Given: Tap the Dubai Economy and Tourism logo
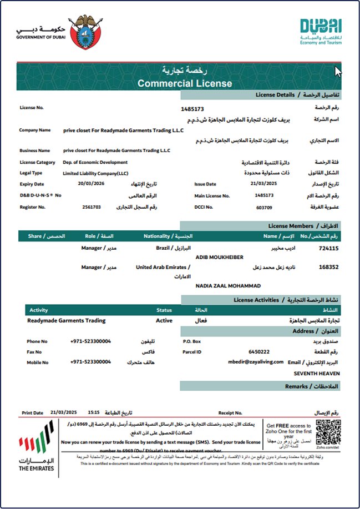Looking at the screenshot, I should [x=321, y=31].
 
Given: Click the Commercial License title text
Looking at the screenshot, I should [x=185, y=84].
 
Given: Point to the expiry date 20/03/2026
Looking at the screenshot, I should [x=90, y=184].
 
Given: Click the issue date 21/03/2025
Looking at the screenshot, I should [x=263, y=184].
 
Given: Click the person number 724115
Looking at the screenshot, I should [x=329, y=249].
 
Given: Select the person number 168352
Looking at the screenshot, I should [x=329, y=267].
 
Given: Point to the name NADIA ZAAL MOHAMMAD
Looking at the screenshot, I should [x=228, y=285].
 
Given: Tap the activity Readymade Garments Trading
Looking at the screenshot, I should [x=66, y=320].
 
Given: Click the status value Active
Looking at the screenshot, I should [x=164, y=320].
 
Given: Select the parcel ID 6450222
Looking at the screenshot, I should [x=259, y=352].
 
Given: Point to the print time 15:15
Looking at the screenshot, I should [x=93, y=412].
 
